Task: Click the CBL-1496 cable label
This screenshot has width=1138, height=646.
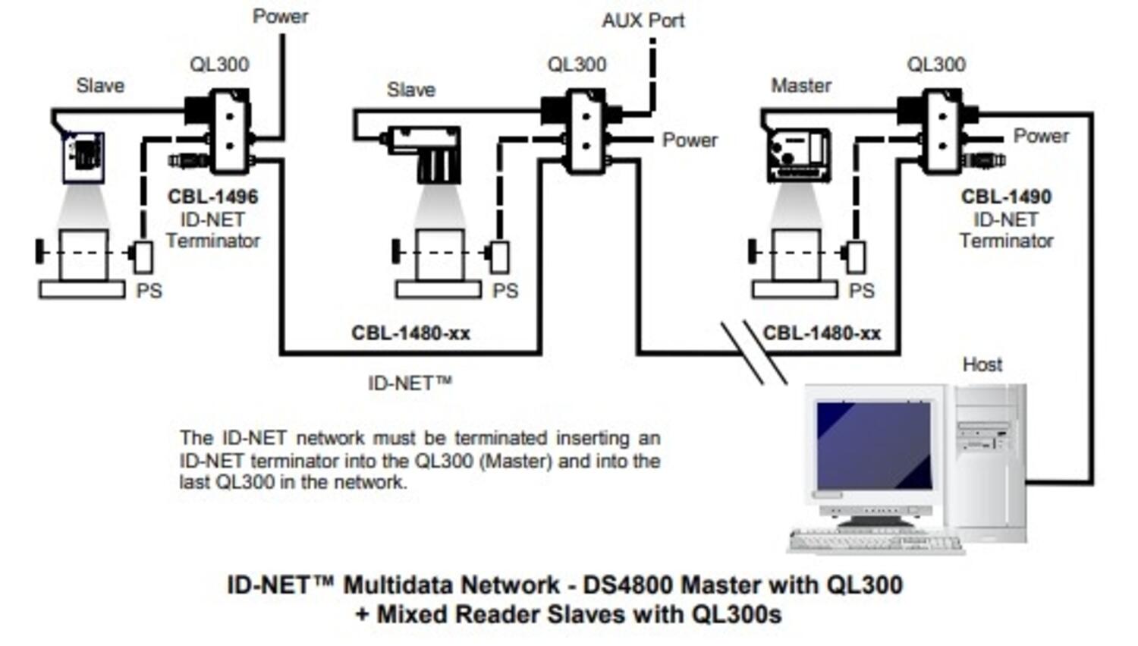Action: [x=212, y=197]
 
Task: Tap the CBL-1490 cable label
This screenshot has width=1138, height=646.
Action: [x=1006, y=197]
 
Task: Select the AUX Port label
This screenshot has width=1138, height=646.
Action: [x=643, y=20]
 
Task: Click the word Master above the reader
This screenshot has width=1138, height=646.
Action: [x=801, y=86]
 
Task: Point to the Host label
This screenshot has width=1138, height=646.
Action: [x=982, y=364]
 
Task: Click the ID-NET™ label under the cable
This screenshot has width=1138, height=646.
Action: [x=410, y=383]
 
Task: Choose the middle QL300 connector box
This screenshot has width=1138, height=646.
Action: [x=585, y=131]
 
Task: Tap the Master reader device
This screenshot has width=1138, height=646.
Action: [x=797, y=155]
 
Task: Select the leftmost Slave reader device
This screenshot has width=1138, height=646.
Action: [x=83, y=156]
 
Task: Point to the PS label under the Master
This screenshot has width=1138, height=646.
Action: [x=861, y=291]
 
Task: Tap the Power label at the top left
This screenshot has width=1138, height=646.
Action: [x=280, y=17]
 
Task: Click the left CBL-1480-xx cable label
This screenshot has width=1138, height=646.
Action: [x=410, y=333]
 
